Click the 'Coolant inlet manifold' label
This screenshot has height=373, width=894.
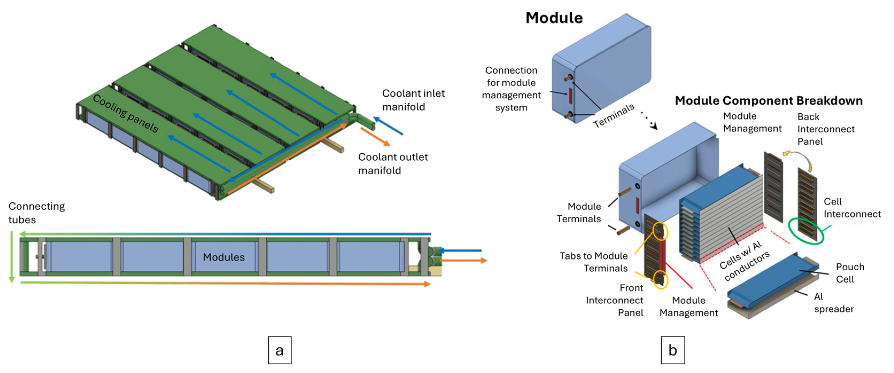point(413,100)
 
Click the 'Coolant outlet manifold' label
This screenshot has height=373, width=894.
point(392,164)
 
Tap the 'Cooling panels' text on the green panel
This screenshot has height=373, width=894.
point(126,113)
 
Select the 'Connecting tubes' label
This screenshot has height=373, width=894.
point(36,212)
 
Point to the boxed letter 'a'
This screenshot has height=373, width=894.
point(279,350)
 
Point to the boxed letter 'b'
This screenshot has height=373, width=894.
point(672,350)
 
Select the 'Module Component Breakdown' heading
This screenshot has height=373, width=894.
point(768,101)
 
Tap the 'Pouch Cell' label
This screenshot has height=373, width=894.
point(850,273)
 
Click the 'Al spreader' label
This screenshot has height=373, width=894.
point(833,303)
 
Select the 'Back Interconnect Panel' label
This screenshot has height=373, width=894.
point(825,129)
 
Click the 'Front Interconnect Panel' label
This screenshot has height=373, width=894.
point(614,300)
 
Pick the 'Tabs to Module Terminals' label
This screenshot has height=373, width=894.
point(593,262)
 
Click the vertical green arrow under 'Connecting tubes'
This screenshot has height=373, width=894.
point(11,256)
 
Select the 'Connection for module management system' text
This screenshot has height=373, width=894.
point(511,89)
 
